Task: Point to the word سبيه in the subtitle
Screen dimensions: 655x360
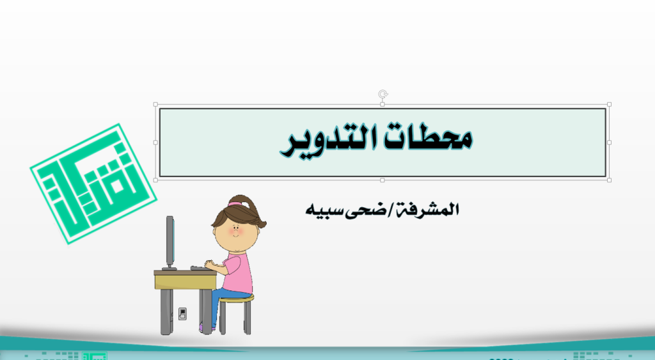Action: pyautogui.click(x=324, y=210)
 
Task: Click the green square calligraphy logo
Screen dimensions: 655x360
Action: pyautogui.click(x=93, y=184)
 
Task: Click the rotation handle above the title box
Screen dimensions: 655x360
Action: pyautogui.click(x=383, y=94)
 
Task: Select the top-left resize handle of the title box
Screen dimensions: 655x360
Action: pyautogui.click(x=156, y=104)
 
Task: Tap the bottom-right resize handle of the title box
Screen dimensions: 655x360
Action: pyautogui.click(x=609, y=180)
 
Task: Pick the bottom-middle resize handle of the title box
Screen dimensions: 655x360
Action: pyautogui.click(x=383, y=180)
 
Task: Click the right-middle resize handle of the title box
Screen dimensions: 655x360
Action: pyautogui.click(x=609, y=143)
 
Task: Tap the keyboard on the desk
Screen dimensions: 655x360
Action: pyautogui.click(x=200, y=268)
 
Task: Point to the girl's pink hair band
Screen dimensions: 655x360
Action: pyautogui.click(x=235, y=204)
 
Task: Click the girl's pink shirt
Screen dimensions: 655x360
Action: pyautogui.click(x=238, y=274)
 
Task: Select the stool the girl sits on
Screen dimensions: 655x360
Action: pyautogui.click(x=236, y=314)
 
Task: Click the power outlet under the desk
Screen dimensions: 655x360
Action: pyautogui.click(x=182, y=314)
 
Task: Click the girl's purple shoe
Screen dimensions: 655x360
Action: pyautogui.click(x=205, y=329)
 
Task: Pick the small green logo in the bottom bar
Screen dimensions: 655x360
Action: pyautogui.click(x=95, y=356)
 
